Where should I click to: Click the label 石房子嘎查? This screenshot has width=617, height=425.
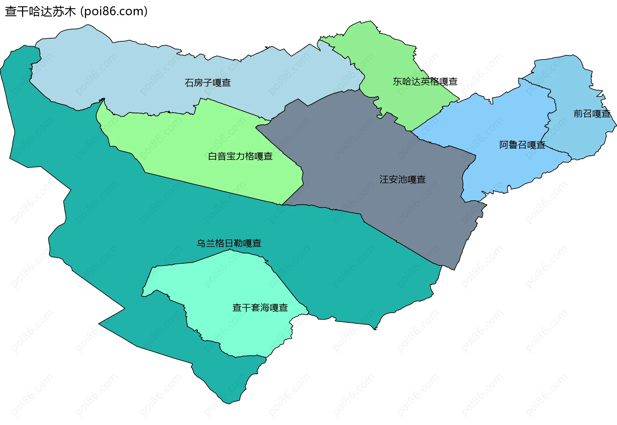208,83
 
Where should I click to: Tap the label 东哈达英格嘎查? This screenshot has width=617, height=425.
425,82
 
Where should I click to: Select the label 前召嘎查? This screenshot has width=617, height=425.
592,114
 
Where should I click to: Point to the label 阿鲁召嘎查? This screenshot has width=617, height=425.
522,145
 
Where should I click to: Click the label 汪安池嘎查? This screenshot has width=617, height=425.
402,179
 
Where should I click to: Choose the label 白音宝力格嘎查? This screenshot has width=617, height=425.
240,156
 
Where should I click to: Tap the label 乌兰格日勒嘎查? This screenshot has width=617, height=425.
229,243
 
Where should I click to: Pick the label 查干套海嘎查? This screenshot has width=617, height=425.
260,308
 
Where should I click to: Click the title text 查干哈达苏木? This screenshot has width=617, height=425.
40,12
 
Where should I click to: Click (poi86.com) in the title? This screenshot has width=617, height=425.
114,12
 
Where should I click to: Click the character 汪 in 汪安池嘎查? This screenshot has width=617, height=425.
384,179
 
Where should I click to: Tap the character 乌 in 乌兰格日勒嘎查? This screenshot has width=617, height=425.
201,243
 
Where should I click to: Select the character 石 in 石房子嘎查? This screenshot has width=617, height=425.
189,83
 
